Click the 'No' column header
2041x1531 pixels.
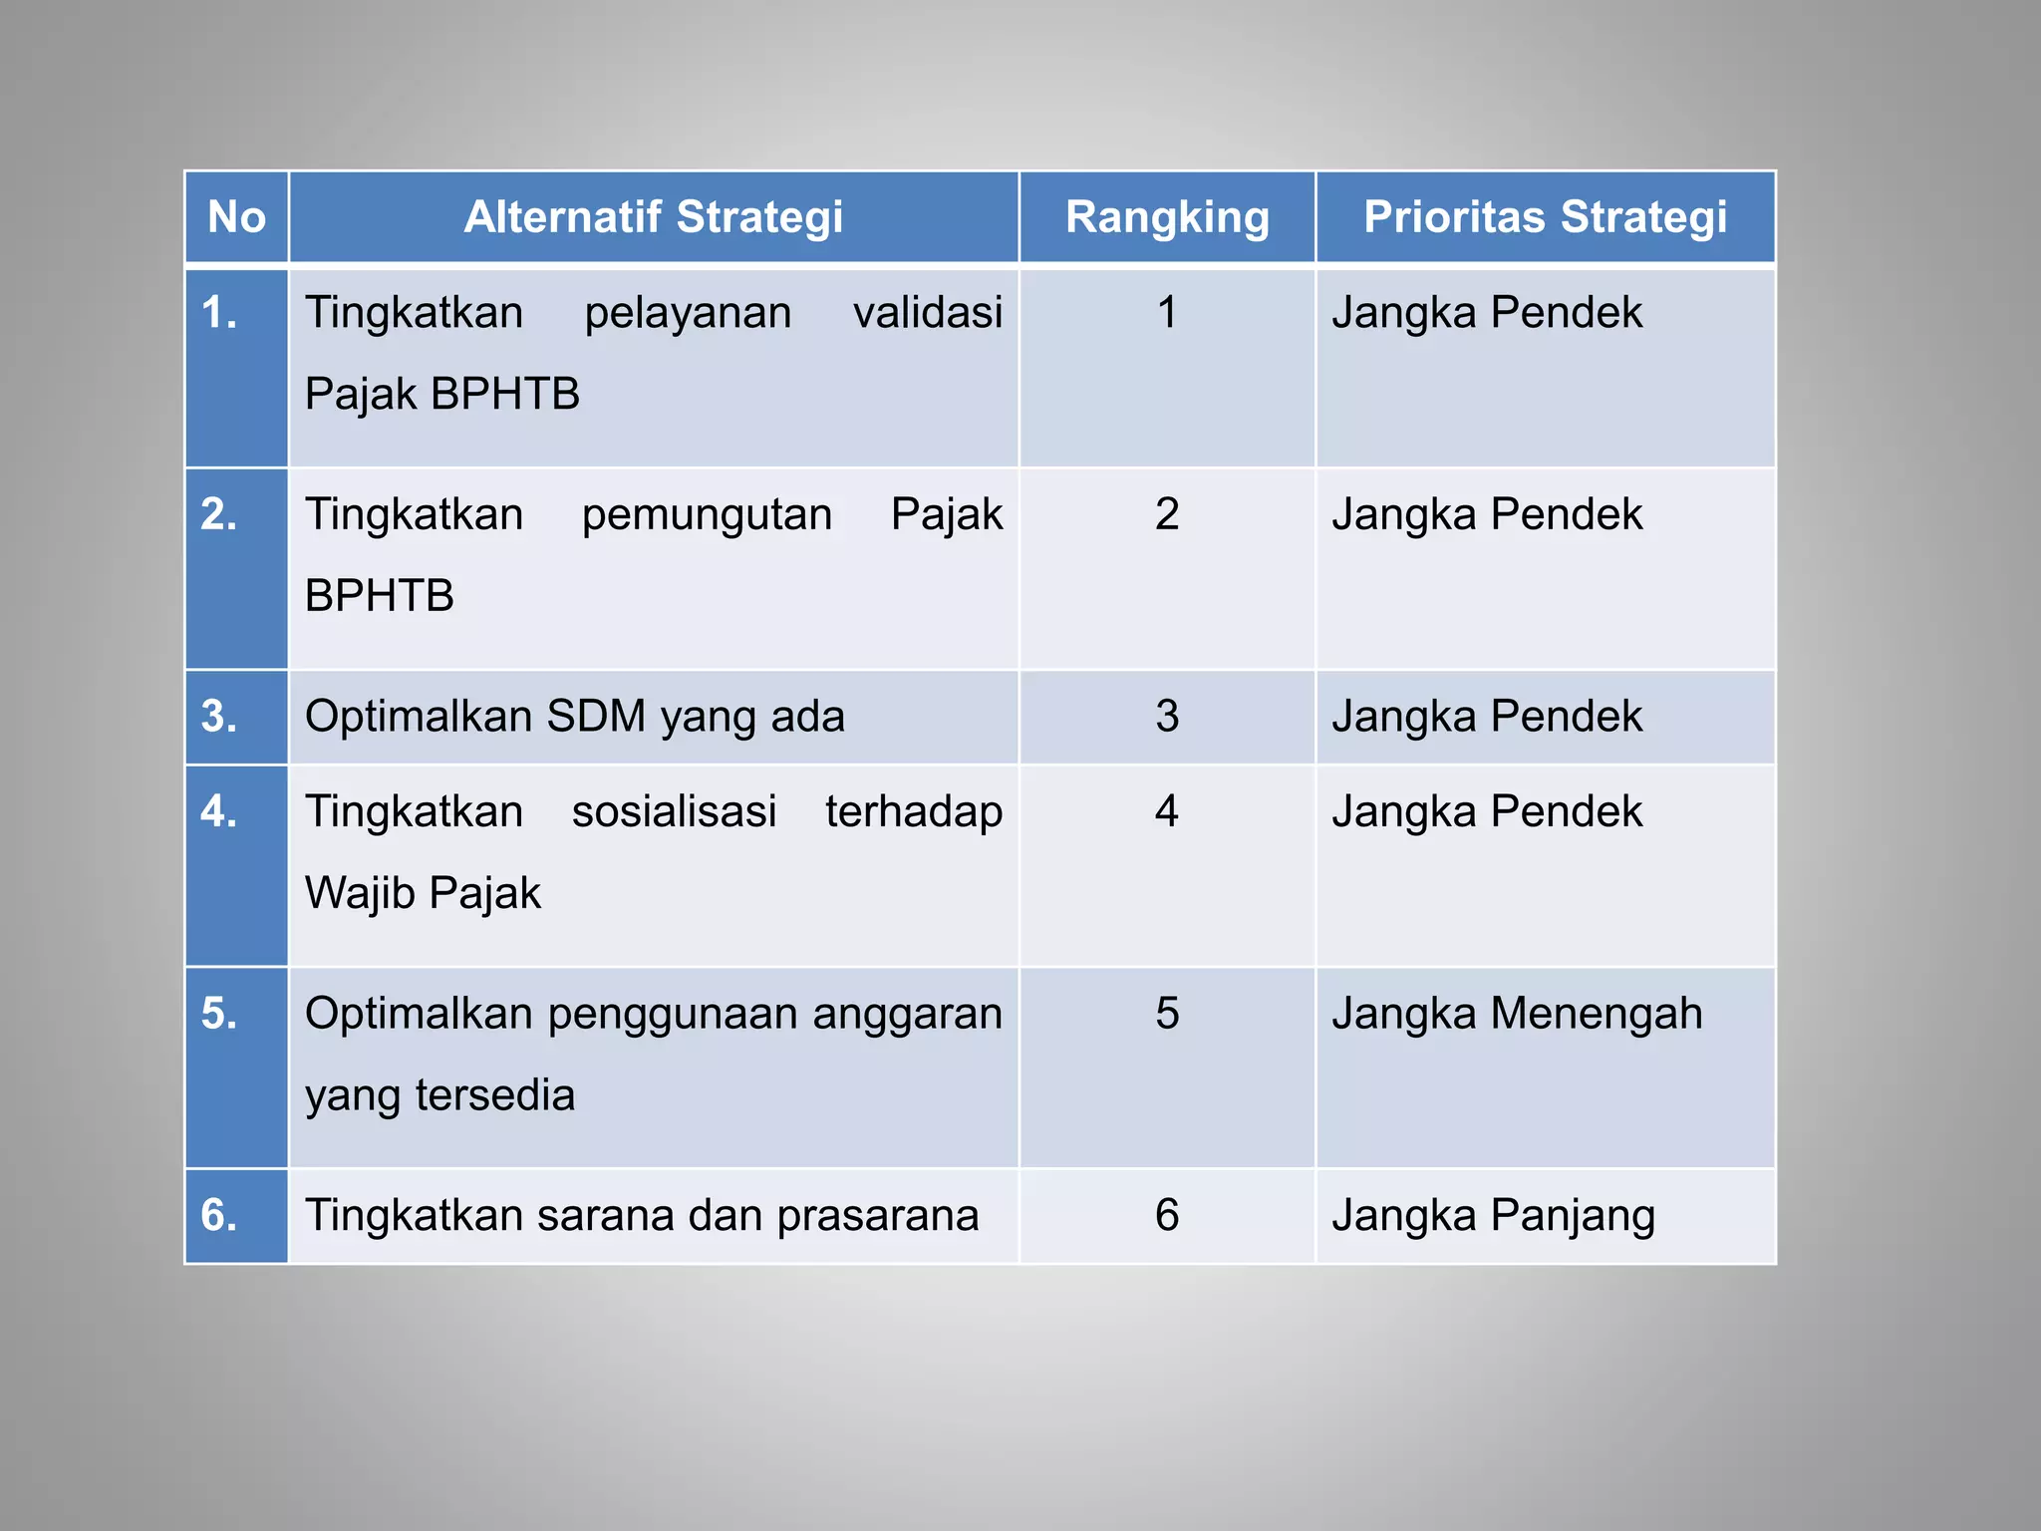click(236, 217)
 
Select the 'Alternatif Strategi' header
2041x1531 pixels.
click(654, 217)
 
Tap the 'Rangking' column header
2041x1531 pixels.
click(1167, 217)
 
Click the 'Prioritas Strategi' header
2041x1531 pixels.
click(1545, 217)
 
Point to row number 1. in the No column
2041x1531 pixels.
click(219, 313)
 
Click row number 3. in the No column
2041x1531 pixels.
click(219, 717)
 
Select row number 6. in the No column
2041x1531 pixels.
click(219, 1215)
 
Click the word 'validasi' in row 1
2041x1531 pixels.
click(928, 313)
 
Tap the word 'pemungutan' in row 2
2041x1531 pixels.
click(707, 515)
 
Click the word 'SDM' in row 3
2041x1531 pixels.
click(597, 717)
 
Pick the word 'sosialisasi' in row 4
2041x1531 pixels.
click(674, 811)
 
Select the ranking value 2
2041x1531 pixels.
click(1167, 515)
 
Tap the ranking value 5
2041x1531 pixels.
click(1167, 1014)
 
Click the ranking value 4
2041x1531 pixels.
click(1167, 811)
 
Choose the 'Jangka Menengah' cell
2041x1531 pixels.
click(1517, 1014)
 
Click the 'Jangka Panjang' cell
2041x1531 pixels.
click(1493, 1216)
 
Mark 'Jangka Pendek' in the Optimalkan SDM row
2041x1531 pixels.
click(1487, 717)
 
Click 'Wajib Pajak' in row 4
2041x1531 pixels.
click(423, 893)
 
